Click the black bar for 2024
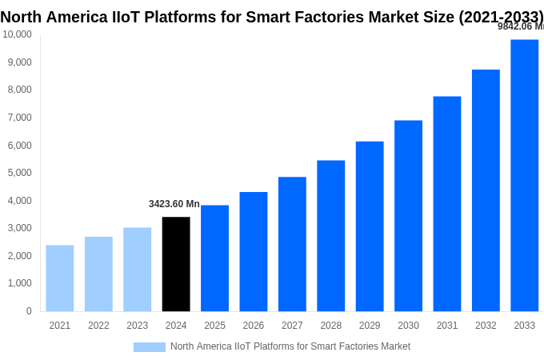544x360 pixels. click(176, 264)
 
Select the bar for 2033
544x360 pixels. click(524, 175)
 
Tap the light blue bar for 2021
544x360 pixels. click(60, 278)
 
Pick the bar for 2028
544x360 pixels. click(330, 235)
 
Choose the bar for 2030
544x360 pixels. click(408, 215)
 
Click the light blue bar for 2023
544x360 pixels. click(137, 269)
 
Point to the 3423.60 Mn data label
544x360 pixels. click(174, 204)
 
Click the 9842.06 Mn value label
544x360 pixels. click(520, 26)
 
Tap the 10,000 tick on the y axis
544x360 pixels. click(17, 34)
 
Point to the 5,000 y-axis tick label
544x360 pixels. click(19, 173)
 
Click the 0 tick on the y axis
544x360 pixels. click(29, 311)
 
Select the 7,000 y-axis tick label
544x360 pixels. click(19, 118)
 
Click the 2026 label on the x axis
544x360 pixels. click(253, 326)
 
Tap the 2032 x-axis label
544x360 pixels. click(486, 326)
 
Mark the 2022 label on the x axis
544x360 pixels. click(98, 326)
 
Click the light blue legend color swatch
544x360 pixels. click(149, 347)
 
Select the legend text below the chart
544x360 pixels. click(290, 346)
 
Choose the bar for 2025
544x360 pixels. click(214, 258)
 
